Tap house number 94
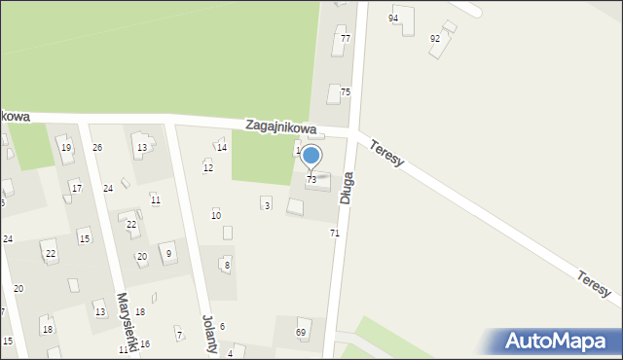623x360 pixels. point(393,18)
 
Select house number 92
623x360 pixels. point(435,38)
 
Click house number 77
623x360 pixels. point(345,38)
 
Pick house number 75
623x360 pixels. point(345,91)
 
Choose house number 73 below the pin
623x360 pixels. point(311,180)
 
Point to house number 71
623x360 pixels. point(335,234)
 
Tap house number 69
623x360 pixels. point(301,333)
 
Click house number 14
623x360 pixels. point(222,148)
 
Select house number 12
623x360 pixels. point(208,168)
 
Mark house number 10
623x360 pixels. point(216,215)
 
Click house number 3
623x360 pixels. point(267,205)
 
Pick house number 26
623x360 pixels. point(97,148)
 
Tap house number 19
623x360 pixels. point(66,148)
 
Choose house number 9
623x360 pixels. point(168,254)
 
